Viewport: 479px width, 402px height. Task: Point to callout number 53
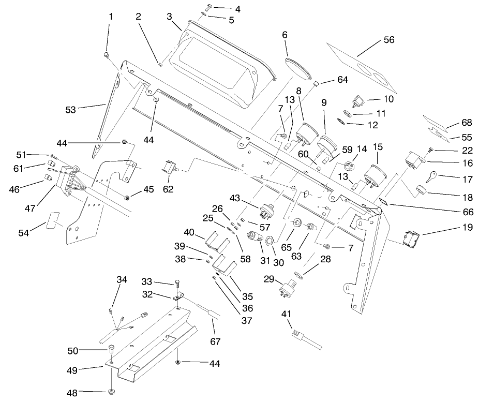point(71,109)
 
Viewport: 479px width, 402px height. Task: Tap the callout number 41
point(286,314)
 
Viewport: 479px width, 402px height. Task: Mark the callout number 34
point(122,280)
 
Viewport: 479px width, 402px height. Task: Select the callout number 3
point(169,16)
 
